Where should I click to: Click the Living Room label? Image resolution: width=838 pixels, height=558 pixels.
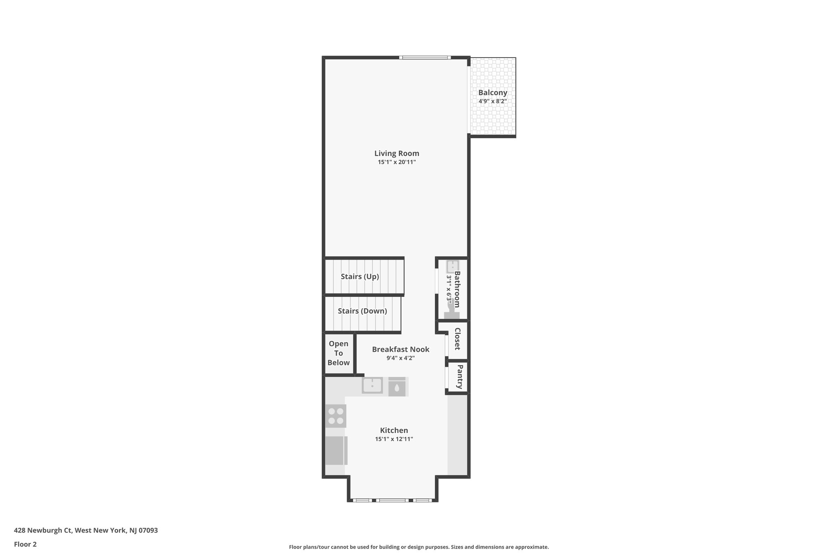(x=396, y=153)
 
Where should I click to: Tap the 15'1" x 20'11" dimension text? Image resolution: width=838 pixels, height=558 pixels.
(x=396, y=162)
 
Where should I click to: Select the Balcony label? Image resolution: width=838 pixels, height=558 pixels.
(x=493, y=92)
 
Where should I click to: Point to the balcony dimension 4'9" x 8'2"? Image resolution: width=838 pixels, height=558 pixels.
(x=493, y=101)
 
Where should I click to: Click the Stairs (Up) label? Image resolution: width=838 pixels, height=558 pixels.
(x=360, y=276)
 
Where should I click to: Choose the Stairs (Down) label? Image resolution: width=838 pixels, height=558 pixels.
(x=362, y=311)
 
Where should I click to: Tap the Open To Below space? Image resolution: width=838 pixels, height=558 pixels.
(x=338, y=353)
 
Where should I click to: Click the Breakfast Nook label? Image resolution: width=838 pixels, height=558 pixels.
(x=401, y=349)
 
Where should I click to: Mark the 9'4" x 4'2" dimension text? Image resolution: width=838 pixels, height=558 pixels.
(x=401, y=358)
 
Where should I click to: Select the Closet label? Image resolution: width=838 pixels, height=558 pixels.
(x=457, y=339)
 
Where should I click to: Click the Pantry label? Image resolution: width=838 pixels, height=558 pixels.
(x=459, y=377)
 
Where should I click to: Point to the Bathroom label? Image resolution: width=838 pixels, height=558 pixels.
(x=457, y=289)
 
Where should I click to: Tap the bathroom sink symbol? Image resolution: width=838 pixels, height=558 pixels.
(x=453, y=266)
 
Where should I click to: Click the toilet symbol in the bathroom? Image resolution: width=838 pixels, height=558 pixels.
(x=452, y=313)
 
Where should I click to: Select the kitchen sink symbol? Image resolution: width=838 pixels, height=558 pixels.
(x=372, y=385)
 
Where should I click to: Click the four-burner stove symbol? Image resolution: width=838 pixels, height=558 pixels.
(x=336, y=416)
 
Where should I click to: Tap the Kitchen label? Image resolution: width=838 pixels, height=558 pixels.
(x=394, y=430)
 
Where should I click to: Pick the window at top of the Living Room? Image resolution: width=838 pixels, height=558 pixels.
(x=425, y=58)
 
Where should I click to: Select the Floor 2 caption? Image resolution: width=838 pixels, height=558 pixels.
(x=25, y=544)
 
